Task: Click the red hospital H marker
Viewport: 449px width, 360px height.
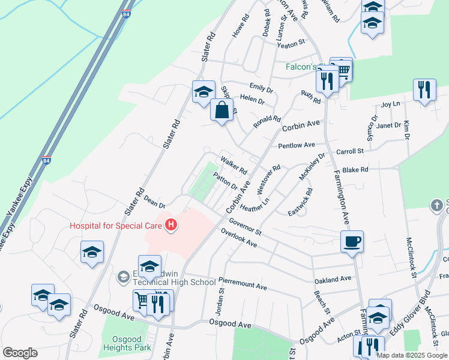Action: click(172, 226)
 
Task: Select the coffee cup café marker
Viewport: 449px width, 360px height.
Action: click(352, 242)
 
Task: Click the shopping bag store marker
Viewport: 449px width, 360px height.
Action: click(221, 110)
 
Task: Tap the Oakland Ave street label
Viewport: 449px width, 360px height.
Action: click(333, 280)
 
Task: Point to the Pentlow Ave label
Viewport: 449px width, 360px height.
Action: click(297, 145)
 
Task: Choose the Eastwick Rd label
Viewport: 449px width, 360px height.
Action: click(300, 202)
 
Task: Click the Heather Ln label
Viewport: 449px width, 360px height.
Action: click(255, 203)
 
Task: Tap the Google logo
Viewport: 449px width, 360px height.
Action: click(20, 353)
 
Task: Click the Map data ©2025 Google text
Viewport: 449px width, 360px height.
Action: click(412, 355)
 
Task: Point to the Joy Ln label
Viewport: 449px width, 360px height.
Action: click(390, 104)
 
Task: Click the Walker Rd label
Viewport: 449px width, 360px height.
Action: click(234, 166)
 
